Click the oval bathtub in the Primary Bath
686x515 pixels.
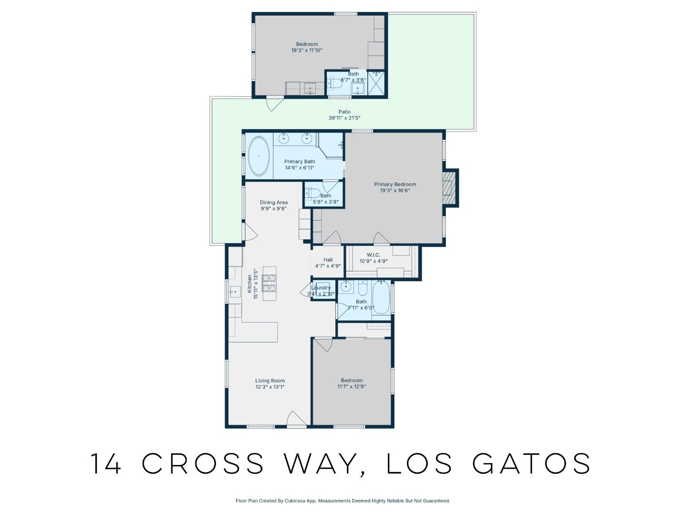pyautogui.click(x=259, y=156)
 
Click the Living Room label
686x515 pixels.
pyautogui.click(x=270, y=381)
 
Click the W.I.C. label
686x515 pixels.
pyautogui.click(x=373, y=255)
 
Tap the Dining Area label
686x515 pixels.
pyautogui.click(x=273, y=202)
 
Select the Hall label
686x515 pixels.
pyautogui.click(x=328, y=260)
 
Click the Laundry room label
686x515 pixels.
pyautogui.click(x=321, y=288)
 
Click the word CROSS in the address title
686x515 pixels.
pyautogui.click(x=203, y=463)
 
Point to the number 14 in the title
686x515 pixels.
pyautogui.click(x=106, y=463)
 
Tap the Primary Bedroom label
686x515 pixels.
pyautogui.click(x=394, y=184)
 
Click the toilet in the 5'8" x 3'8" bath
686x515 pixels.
pyautogui.click(x=313, y=194)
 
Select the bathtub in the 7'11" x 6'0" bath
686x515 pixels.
pyautogui.click(x=381, y=298)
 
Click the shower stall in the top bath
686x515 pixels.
pyautogui.click(x=376, y=84)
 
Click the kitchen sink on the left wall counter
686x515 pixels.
pyautogui.click(x=235, y=291)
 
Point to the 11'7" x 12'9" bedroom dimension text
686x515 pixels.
pyautogui.click(x=352, y=387)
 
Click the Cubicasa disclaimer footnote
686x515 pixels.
pyautogui.click(x=343, y=501)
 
